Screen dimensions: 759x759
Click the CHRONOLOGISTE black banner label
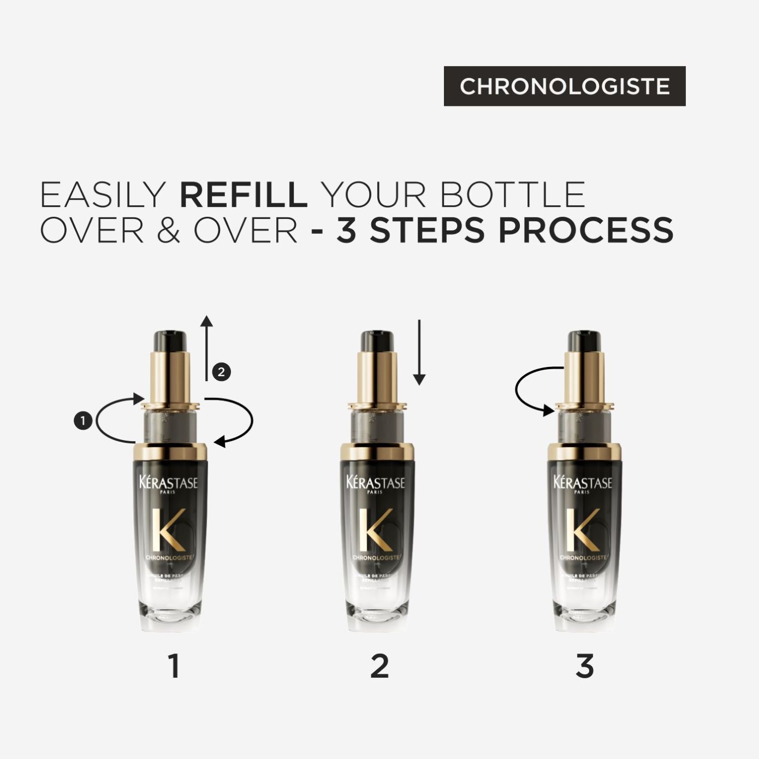(564, 86)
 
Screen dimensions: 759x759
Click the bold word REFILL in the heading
(244, 195)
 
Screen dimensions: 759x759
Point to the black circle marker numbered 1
(82, 421)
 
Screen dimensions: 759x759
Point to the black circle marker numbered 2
(221, 372)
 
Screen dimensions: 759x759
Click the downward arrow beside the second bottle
(419, 352)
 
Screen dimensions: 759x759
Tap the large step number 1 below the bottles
(174, 666)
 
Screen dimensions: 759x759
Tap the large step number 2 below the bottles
(379, 666)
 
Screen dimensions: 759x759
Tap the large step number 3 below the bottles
(584, 666)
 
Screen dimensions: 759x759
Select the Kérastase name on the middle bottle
(376, 483)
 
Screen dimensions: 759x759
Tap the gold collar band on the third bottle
(584, 451)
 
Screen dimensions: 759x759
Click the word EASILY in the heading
(103, 195)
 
